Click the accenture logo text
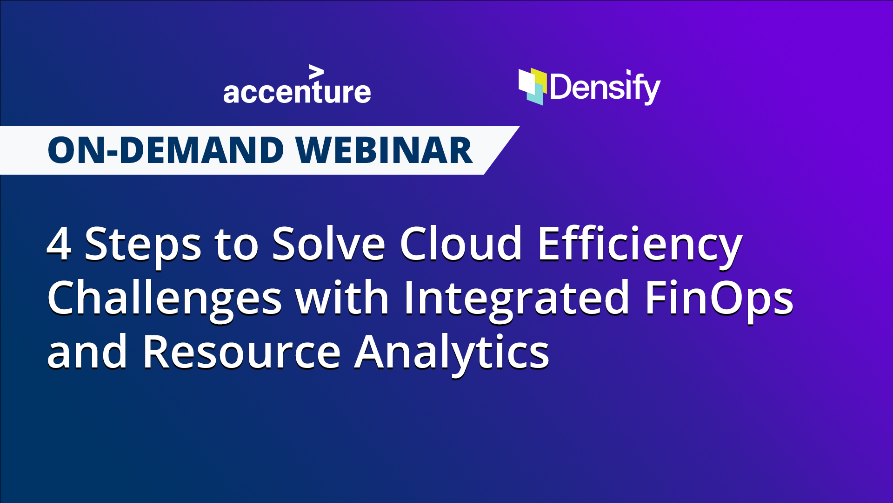pos(297,92)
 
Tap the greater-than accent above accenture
pos(316,72)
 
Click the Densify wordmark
pos(605,87)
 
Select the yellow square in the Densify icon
pos(540,77)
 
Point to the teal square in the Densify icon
pos(536,95)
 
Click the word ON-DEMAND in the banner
pos(166,150)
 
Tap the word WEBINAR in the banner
pos(384,150)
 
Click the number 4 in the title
pos(59,244)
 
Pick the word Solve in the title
pos(328,244)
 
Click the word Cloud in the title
pos(460,244)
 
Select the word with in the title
pos(342,298)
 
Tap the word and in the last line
pos(87,352)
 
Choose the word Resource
pos(241,352)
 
